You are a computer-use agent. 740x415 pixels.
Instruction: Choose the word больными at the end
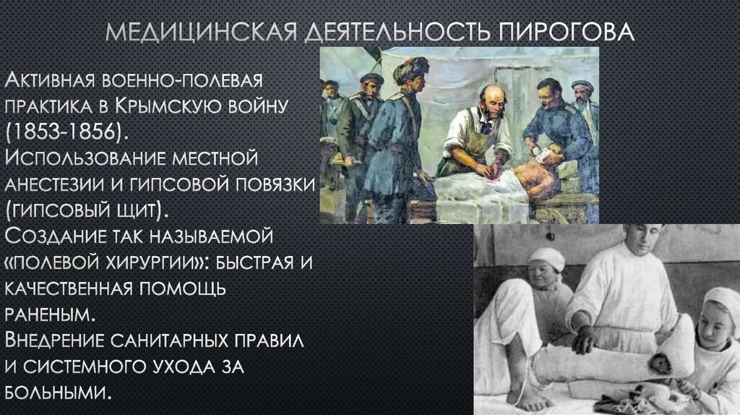tap(58, 393)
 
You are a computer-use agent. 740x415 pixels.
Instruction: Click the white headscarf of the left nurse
tap(546, 258)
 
